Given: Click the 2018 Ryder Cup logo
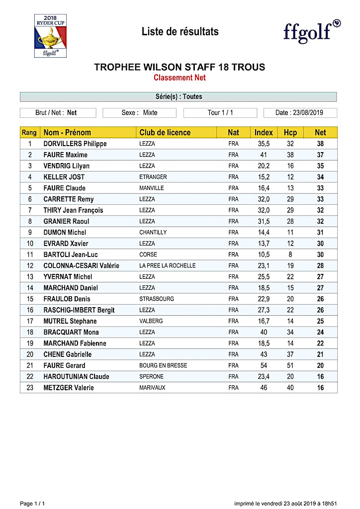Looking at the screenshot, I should [x=50, y=35].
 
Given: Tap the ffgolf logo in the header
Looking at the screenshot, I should [x=312, y=32].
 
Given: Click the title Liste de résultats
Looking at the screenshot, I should [x=180, y=32].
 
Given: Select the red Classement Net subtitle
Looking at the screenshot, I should [x=180, y=78].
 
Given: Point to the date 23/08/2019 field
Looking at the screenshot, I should [x=300, y=113].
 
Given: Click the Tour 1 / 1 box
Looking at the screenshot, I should [x=220, y=113].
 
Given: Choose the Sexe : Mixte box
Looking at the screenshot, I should [x=139, y=113].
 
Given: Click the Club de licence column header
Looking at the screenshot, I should [x=165, y=132].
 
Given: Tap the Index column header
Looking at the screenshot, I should [x=264, y=132].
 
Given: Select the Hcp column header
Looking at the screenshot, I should [x=290, y=132].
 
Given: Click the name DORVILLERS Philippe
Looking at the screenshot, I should [x=75, y=144].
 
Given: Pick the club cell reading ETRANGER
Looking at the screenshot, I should [x=153, y=177].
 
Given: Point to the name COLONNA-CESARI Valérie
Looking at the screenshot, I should [x=81, y=265].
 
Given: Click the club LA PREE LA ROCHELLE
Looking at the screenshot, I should [x=168, y=265].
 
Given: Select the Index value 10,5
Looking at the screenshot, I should [x=264, y=254].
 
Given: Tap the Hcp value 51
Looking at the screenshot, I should [x=290, y=365].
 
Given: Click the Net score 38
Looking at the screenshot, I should [x=321, y=144].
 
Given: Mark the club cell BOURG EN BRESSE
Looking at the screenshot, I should [x=163, y=365].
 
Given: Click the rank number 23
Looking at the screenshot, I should [x=30, y=388].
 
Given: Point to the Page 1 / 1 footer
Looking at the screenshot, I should [x=32, y=504].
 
